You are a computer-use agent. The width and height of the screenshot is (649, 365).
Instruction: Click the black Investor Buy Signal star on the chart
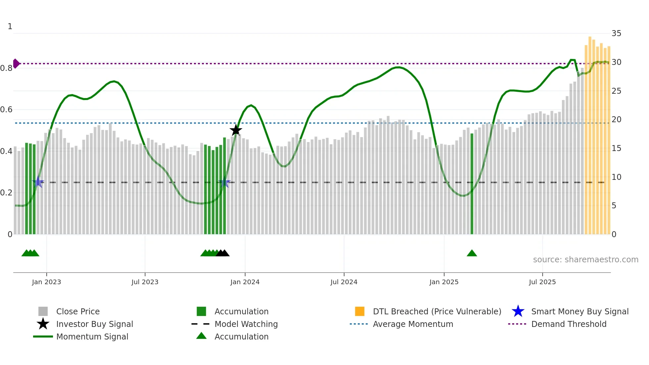tap(236, 130)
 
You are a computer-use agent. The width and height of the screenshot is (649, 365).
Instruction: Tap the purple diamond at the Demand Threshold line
tap(16, 64)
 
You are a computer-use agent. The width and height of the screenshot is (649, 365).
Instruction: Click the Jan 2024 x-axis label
tap(245, 282)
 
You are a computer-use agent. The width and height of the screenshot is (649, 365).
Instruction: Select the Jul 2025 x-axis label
tap(542, 282)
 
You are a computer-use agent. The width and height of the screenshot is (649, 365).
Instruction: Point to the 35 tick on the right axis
tap(616, 33)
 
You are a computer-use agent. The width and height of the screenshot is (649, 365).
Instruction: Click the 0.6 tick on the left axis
tap(6, 110)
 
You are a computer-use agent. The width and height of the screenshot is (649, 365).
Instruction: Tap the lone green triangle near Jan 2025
tap(472, 253)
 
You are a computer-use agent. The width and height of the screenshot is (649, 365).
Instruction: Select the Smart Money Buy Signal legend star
tap(518, 311)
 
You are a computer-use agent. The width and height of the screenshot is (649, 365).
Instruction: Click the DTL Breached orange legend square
tap(360, 311)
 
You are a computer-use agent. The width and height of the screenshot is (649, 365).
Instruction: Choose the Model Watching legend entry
tap(246, 324)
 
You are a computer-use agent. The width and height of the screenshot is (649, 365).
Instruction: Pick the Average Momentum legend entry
tap(413, 324)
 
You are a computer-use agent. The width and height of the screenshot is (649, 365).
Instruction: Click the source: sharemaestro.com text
tap(585, 260)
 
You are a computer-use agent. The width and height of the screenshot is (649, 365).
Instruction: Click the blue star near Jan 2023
tap(38, 182)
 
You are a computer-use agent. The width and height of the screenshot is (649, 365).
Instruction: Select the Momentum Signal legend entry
tap(92, 337)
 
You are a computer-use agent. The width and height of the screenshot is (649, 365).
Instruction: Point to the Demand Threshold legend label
tap(569, 324)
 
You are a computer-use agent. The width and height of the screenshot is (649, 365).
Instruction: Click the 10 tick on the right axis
tap(616, 177)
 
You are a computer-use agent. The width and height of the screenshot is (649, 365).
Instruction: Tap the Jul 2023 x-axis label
tap(145, 282)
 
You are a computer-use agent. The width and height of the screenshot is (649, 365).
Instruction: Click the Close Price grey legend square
tap(43, 311)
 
